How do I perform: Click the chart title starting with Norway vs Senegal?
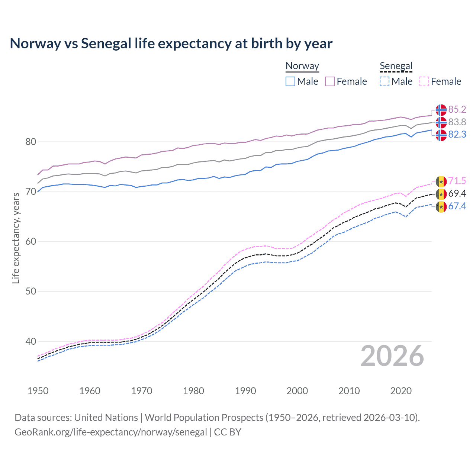coord(171,44)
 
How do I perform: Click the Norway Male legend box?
coord(290,81)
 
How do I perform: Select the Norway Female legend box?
coord(330,81)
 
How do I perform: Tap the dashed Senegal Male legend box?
coord(385,81)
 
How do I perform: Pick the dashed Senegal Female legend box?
coord(424,81)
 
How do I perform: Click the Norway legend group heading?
coord(302,66)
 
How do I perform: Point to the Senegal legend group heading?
coord(396,66)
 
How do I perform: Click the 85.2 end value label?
coord(457,109)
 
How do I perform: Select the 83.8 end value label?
coord(457,122)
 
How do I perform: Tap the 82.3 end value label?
coord(457,135)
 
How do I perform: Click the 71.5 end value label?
coord(457,181)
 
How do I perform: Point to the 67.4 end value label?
coord(457,206)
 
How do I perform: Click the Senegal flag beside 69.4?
coord(441,194)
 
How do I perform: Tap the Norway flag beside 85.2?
coord(441,110)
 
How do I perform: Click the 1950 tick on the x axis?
coord(38,391)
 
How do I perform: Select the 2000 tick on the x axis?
coord(297,391)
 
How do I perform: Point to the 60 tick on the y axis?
coord(31,242)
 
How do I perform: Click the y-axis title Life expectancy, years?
coord(16,238)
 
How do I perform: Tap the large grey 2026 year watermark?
coord(392,356)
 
